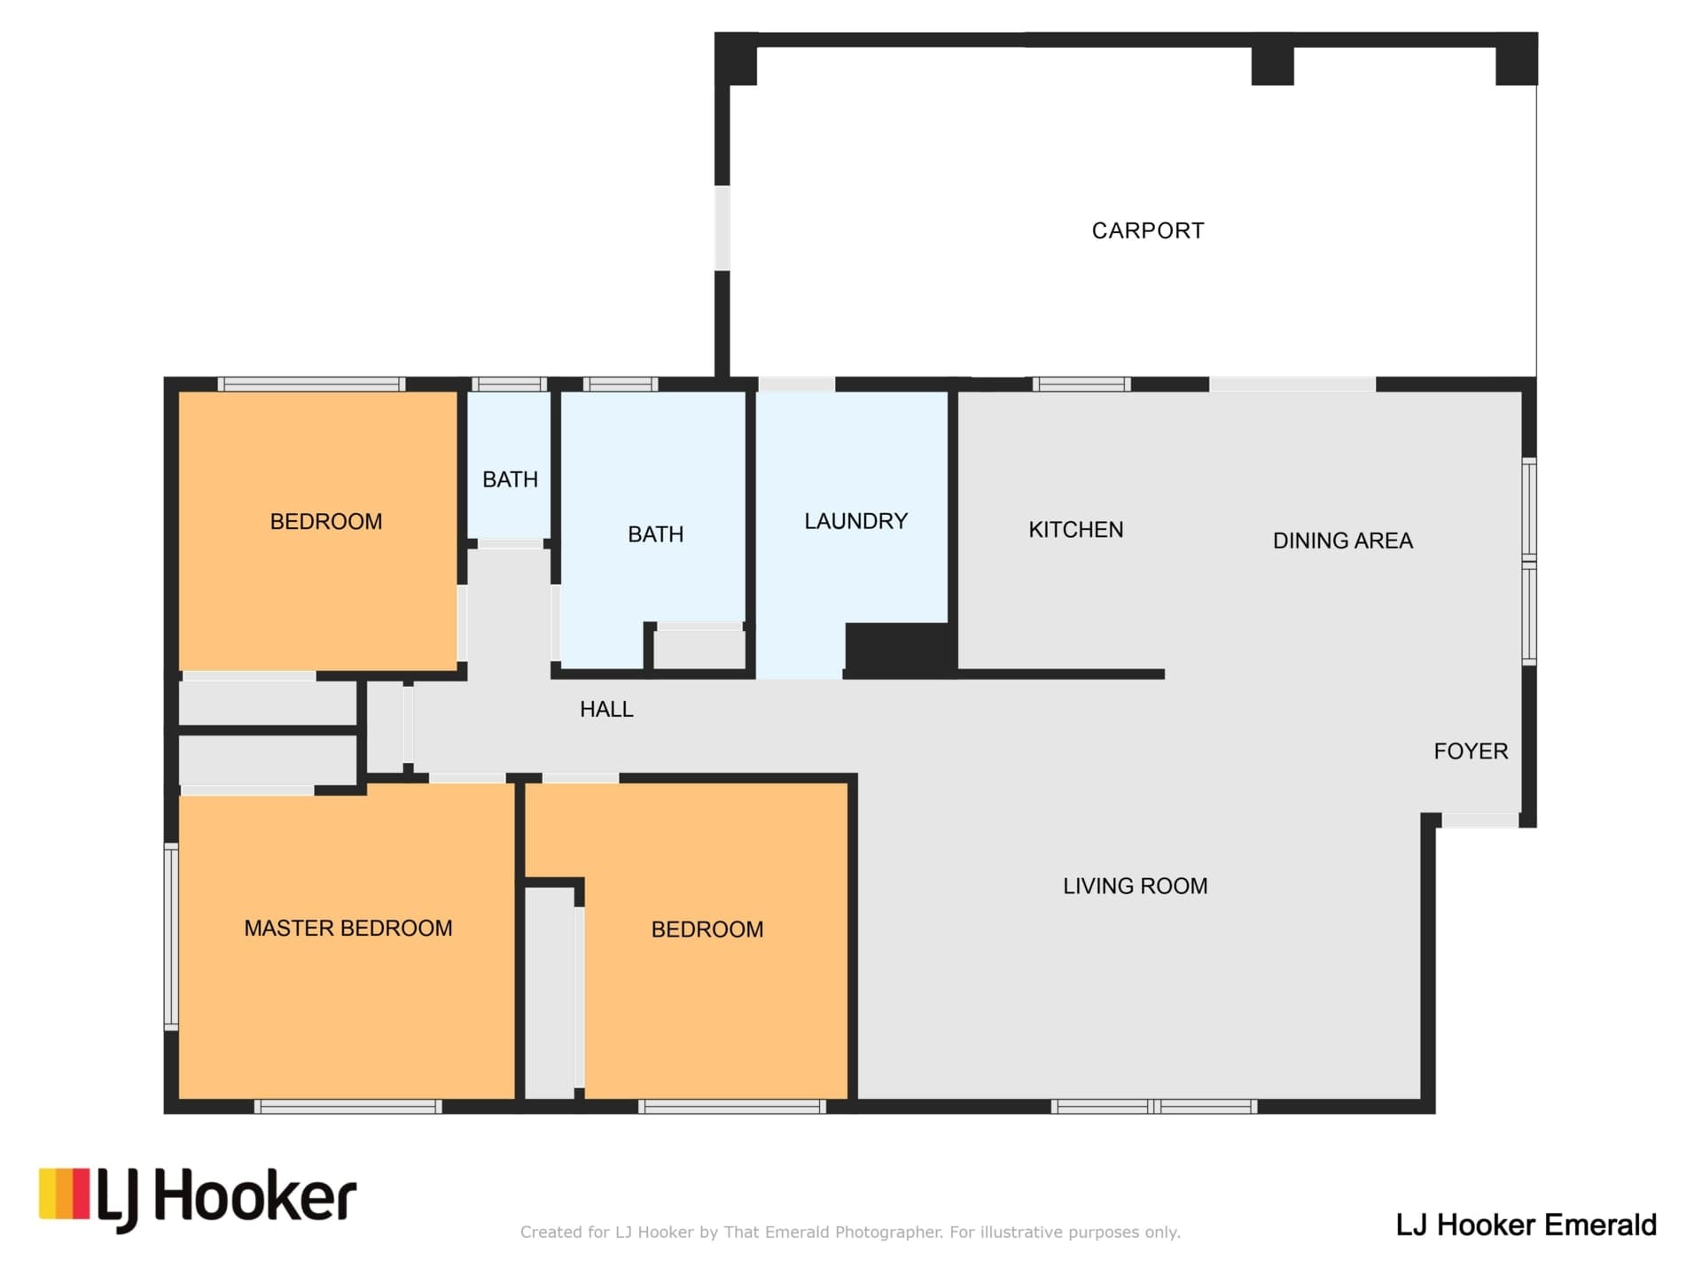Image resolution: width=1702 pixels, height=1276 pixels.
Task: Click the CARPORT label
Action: [1148, 231]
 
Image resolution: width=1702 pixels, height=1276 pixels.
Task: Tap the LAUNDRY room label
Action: [855, 521]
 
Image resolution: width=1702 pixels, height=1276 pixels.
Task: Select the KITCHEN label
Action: [1075, 530]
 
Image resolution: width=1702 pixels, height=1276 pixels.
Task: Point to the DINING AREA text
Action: [1342, 541]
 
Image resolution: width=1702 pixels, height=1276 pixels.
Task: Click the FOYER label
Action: [1471, 751]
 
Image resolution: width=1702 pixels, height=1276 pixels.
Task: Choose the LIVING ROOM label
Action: [1135, 886]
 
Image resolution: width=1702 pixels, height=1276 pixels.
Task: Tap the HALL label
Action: [606, 709]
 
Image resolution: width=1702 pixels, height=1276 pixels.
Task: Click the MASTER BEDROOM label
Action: [347, 928]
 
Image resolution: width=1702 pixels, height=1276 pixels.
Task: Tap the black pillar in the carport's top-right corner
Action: [1516, 60]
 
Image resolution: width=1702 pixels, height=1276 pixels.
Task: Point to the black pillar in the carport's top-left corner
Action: [737, 60]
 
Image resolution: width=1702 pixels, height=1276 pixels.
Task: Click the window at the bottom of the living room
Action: [1154, 1106]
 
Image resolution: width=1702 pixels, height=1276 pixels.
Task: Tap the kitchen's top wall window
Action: [1081, 384]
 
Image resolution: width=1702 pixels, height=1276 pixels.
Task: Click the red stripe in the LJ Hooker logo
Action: [81, 1193]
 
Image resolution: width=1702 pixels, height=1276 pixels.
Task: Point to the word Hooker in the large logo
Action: [255, 1195]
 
